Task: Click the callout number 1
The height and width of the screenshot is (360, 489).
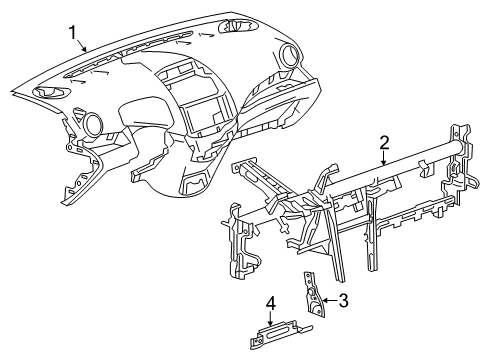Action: click(73, 33)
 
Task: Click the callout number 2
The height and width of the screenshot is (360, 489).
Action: click(384, 143)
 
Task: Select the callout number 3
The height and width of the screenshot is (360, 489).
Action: click(343, 300)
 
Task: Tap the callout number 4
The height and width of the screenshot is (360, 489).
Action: click(271, 304)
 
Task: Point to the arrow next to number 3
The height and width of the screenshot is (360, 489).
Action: click(330, 300)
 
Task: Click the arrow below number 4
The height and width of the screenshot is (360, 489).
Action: click(271, 319)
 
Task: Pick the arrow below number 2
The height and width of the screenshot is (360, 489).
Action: click(384, 159)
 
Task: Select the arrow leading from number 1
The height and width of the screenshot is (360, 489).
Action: click(81, 46)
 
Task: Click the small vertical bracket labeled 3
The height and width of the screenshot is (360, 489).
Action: click(313, 293)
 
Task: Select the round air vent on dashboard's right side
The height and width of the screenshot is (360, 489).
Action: click(289, 54)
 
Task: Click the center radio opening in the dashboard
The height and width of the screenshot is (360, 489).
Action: click(203, 113)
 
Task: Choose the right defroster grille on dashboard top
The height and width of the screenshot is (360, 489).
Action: click(238, 26)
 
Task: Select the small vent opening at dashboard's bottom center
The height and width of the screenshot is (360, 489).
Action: click(195, 182)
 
